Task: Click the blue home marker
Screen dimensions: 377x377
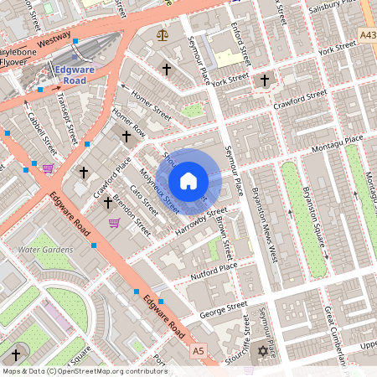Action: [x=188, y=181]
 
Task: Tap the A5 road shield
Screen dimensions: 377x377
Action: [x=198, y=349]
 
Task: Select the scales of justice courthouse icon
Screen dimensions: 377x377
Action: [x=162, y=36]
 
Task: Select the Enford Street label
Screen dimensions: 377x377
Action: [x=240, y=44]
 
